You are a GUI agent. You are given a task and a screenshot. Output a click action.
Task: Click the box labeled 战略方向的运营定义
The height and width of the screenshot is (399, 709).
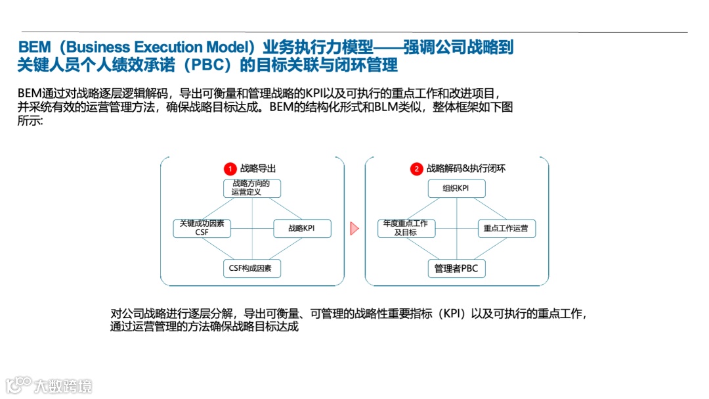click(x=252, y=188)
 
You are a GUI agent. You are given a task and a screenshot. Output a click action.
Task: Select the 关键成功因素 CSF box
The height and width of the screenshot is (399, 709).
click(x=202, y=228)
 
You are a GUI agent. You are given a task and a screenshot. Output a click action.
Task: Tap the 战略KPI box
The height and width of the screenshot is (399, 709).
click(x=302, y=229)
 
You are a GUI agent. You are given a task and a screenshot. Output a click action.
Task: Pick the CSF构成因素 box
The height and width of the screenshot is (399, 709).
click(x=252, y=268)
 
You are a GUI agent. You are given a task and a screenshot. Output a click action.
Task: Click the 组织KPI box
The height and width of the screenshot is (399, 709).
click(x=457, y=189)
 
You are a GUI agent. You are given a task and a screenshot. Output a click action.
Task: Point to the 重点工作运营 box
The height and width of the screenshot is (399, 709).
click(x=505, y=229)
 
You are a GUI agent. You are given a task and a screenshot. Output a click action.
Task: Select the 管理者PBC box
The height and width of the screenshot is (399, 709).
click(x=456, y=268)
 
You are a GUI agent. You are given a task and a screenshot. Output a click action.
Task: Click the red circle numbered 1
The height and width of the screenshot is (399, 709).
click(x=230, y=169)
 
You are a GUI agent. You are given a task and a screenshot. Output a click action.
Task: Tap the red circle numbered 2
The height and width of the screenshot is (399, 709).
click(x=416, y=169)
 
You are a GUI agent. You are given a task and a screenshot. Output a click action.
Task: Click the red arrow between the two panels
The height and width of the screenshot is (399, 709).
click(x=354, y=228)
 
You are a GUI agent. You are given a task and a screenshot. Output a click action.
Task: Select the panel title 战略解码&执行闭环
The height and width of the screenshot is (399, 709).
click(x=465, y=169)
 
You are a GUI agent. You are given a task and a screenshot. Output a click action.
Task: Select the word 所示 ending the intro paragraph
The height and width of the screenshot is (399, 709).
click(x=29, y=122)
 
